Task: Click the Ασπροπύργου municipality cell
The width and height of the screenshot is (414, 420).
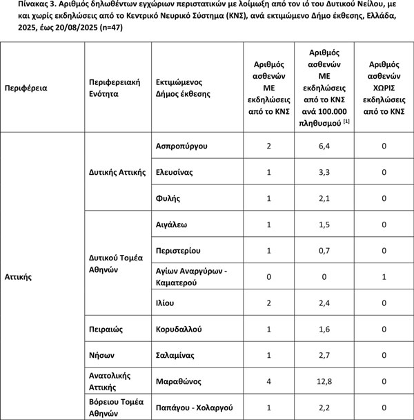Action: (x=182, y=146)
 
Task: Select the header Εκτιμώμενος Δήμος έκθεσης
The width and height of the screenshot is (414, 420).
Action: (x=184, y=88)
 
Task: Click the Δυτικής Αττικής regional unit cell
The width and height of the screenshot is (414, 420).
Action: (x=117, y=172)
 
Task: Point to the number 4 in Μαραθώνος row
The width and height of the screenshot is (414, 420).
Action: (x=268, y=381)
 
